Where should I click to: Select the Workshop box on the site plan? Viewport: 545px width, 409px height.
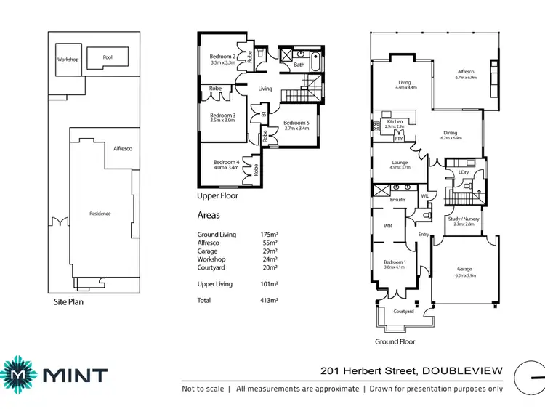[68, 60]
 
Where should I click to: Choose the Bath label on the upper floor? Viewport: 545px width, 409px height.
[299, 65]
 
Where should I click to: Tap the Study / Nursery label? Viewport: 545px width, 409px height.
[464, 220]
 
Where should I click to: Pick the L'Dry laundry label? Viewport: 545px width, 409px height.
[463, 172]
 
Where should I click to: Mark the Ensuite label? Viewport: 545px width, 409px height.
[397, 199]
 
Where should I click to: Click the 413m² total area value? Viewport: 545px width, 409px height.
[269, 300]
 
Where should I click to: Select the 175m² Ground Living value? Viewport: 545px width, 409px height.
[269, 235]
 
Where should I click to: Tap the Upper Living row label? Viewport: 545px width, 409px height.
[215, 284]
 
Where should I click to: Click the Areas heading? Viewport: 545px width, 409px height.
[209, 216]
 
